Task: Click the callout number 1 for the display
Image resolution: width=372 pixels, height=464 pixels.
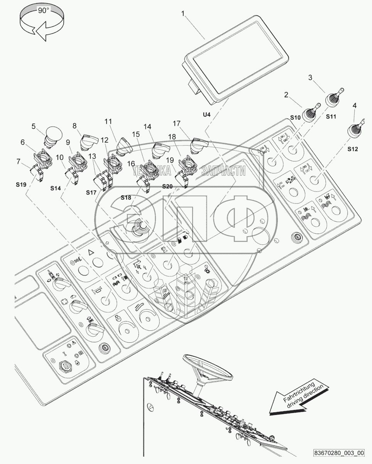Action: point(183,14)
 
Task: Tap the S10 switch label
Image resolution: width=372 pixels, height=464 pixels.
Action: point(295,117)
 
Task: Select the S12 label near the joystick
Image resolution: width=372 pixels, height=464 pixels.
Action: point(353,149)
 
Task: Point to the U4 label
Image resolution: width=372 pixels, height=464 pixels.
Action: point(206,115)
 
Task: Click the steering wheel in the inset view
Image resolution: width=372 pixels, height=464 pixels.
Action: point(208,366)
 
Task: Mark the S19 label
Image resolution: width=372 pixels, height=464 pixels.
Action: point(21,185)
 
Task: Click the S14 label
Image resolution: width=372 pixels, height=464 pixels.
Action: point(56,188)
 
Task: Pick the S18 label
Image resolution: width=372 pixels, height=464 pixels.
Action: point(126,198)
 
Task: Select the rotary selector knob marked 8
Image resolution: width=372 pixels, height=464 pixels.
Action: point(89,141)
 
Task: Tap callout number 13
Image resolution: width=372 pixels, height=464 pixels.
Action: point(92,156)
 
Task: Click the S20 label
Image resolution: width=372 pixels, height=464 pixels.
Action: point(167,186)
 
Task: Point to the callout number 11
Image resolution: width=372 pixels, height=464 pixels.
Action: point(108,122)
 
